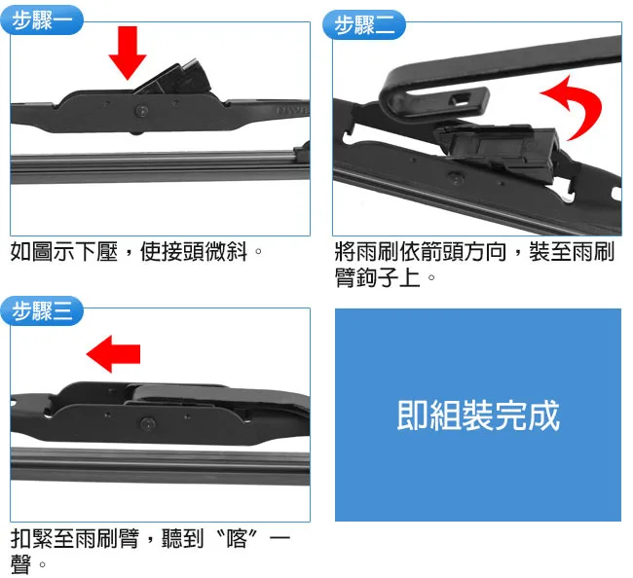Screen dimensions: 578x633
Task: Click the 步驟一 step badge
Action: [x=41, y=19]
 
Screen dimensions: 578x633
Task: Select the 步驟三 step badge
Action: [x=41, y=312]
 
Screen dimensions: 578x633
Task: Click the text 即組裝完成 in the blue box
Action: [x=477, y=415]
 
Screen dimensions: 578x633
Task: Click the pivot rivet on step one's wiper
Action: [x=143, y=109]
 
